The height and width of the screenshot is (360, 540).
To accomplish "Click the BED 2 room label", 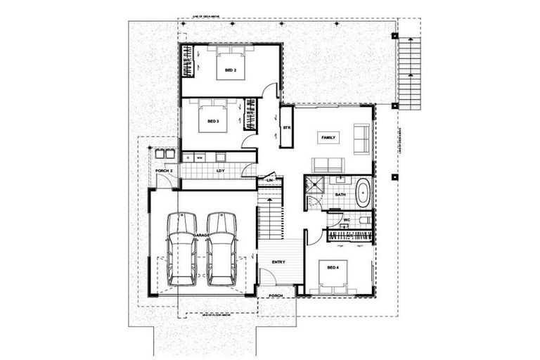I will click(230, 71).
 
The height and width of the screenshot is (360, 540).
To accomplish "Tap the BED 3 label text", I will click(213, 122).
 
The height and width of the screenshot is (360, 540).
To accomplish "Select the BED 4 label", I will click(332, 266).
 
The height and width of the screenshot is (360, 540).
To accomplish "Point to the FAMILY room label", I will click(328, 139).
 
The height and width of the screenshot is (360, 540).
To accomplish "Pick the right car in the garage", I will click(221, 250).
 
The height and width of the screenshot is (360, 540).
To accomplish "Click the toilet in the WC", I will click(364, 220).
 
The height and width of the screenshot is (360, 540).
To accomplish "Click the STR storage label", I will click(287, 128).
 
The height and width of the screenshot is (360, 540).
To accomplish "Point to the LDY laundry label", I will click(220, 171).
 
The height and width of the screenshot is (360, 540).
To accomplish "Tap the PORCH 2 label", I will click(163, 171).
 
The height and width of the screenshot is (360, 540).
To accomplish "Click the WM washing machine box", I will click(200, 157).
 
